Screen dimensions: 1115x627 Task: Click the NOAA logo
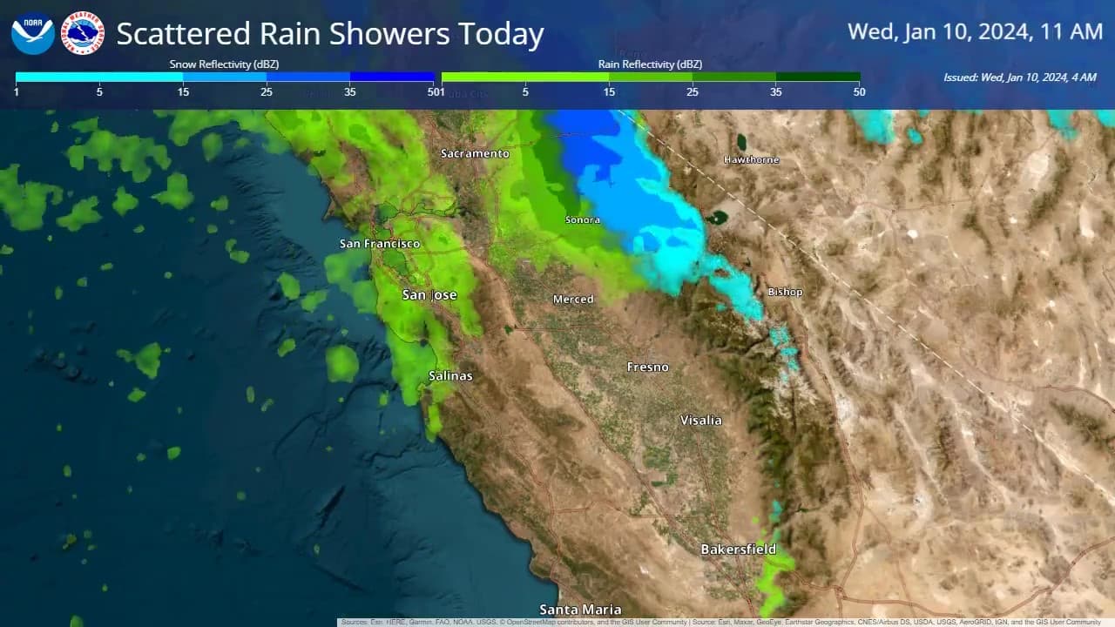point(33,34)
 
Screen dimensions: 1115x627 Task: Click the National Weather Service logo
point(84,34)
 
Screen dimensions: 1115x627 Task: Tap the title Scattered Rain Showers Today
point(329,35)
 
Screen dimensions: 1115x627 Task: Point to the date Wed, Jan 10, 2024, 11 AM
point(975,32)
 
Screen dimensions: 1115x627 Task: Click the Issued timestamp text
point(1019,78)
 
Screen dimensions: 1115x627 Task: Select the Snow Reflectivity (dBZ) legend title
point(224,64)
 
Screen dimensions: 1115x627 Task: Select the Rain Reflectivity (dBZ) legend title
point(650,64)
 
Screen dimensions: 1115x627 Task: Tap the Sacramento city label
point(475,154)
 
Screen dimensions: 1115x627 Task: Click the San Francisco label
point(380,244)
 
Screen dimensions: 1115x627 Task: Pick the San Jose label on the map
point(429,295)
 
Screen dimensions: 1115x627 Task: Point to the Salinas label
point(450,376)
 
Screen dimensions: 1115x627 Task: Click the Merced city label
point(573,300)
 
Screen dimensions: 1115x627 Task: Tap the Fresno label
point(648,367)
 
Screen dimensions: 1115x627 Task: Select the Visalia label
point(701,421)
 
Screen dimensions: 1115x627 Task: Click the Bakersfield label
point(738,549)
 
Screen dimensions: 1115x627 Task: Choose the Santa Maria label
point(580,610)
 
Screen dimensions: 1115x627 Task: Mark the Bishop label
point(785,292)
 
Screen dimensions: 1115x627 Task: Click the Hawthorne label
point(752,160)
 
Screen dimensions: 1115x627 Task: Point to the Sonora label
point(583,220)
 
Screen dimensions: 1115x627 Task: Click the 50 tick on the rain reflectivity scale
point(859,91)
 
